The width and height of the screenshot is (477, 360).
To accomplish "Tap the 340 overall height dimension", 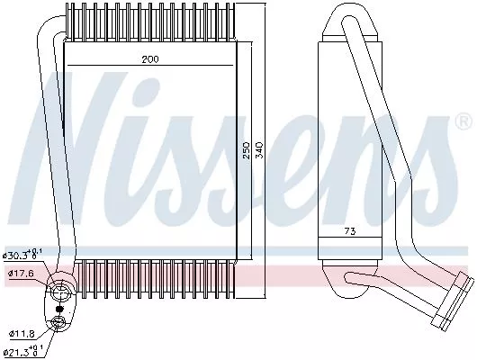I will (261, 150).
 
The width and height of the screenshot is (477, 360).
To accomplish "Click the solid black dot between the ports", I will (59, 308).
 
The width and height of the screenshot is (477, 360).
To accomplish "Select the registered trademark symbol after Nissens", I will (463, 121).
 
